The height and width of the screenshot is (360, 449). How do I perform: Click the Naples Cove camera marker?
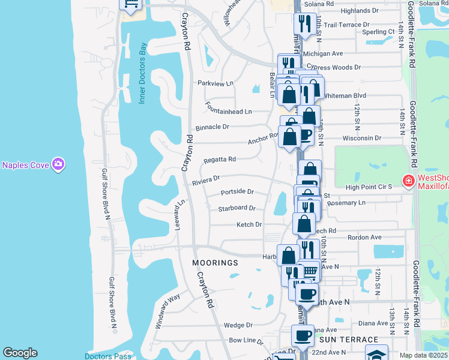pos(58,164)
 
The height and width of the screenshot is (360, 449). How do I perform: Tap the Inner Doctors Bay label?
pos(143,73)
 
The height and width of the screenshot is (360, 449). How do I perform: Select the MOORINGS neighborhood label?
pos(215,263)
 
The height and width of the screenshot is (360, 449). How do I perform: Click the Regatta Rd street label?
pos(219,160)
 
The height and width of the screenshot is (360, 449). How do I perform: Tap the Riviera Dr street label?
pos(206,178)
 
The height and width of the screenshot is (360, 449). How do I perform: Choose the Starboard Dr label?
pos(237,208)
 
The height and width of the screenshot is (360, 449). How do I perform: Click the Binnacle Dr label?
pos(212,127)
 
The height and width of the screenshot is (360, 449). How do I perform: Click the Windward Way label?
pos(167,311)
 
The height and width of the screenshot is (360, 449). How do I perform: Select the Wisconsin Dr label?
pos(362,138)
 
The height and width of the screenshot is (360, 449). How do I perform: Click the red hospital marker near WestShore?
pos(408,180)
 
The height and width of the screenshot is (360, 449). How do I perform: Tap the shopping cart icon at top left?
pos(130,5)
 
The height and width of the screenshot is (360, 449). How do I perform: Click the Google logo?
pos(20,353)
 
